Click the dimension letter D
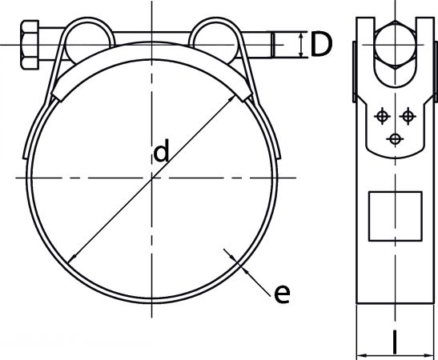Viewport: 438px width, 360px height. [x=321, y=44]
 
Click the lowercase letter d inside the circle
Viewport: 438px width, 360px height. [x=162, y=150]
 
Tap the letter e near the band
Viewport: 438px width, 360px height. [x=282, y=294]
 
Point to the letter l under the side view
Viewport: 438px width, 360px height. [x=395, y=342]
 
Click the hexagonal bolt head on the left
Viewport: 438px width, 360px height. [x=30, y=45]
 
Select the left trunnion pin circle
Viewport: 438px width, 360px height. [x=89, y=44]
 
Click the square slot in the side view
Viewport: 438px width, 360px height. [x=396, y=216]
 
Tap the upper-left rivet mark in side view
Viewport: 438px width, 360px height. [x=382, y=116]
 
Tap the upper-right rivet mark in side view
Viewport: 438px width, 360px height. [x=408, y=116]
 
